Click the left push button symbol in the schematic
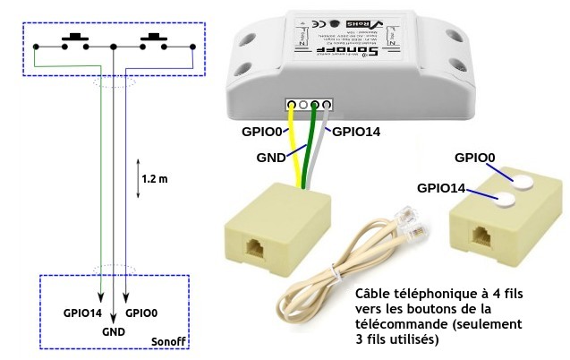point(74,40)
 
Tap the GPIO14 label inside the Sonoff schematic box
point(83,314)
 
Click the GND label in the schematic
point(113,331)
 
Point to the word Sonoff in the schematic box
point(169,341)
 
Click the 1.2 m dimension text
point(155,178)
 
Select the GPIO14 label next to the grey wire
point(356,132)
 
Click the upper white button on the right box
point(519,180)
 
